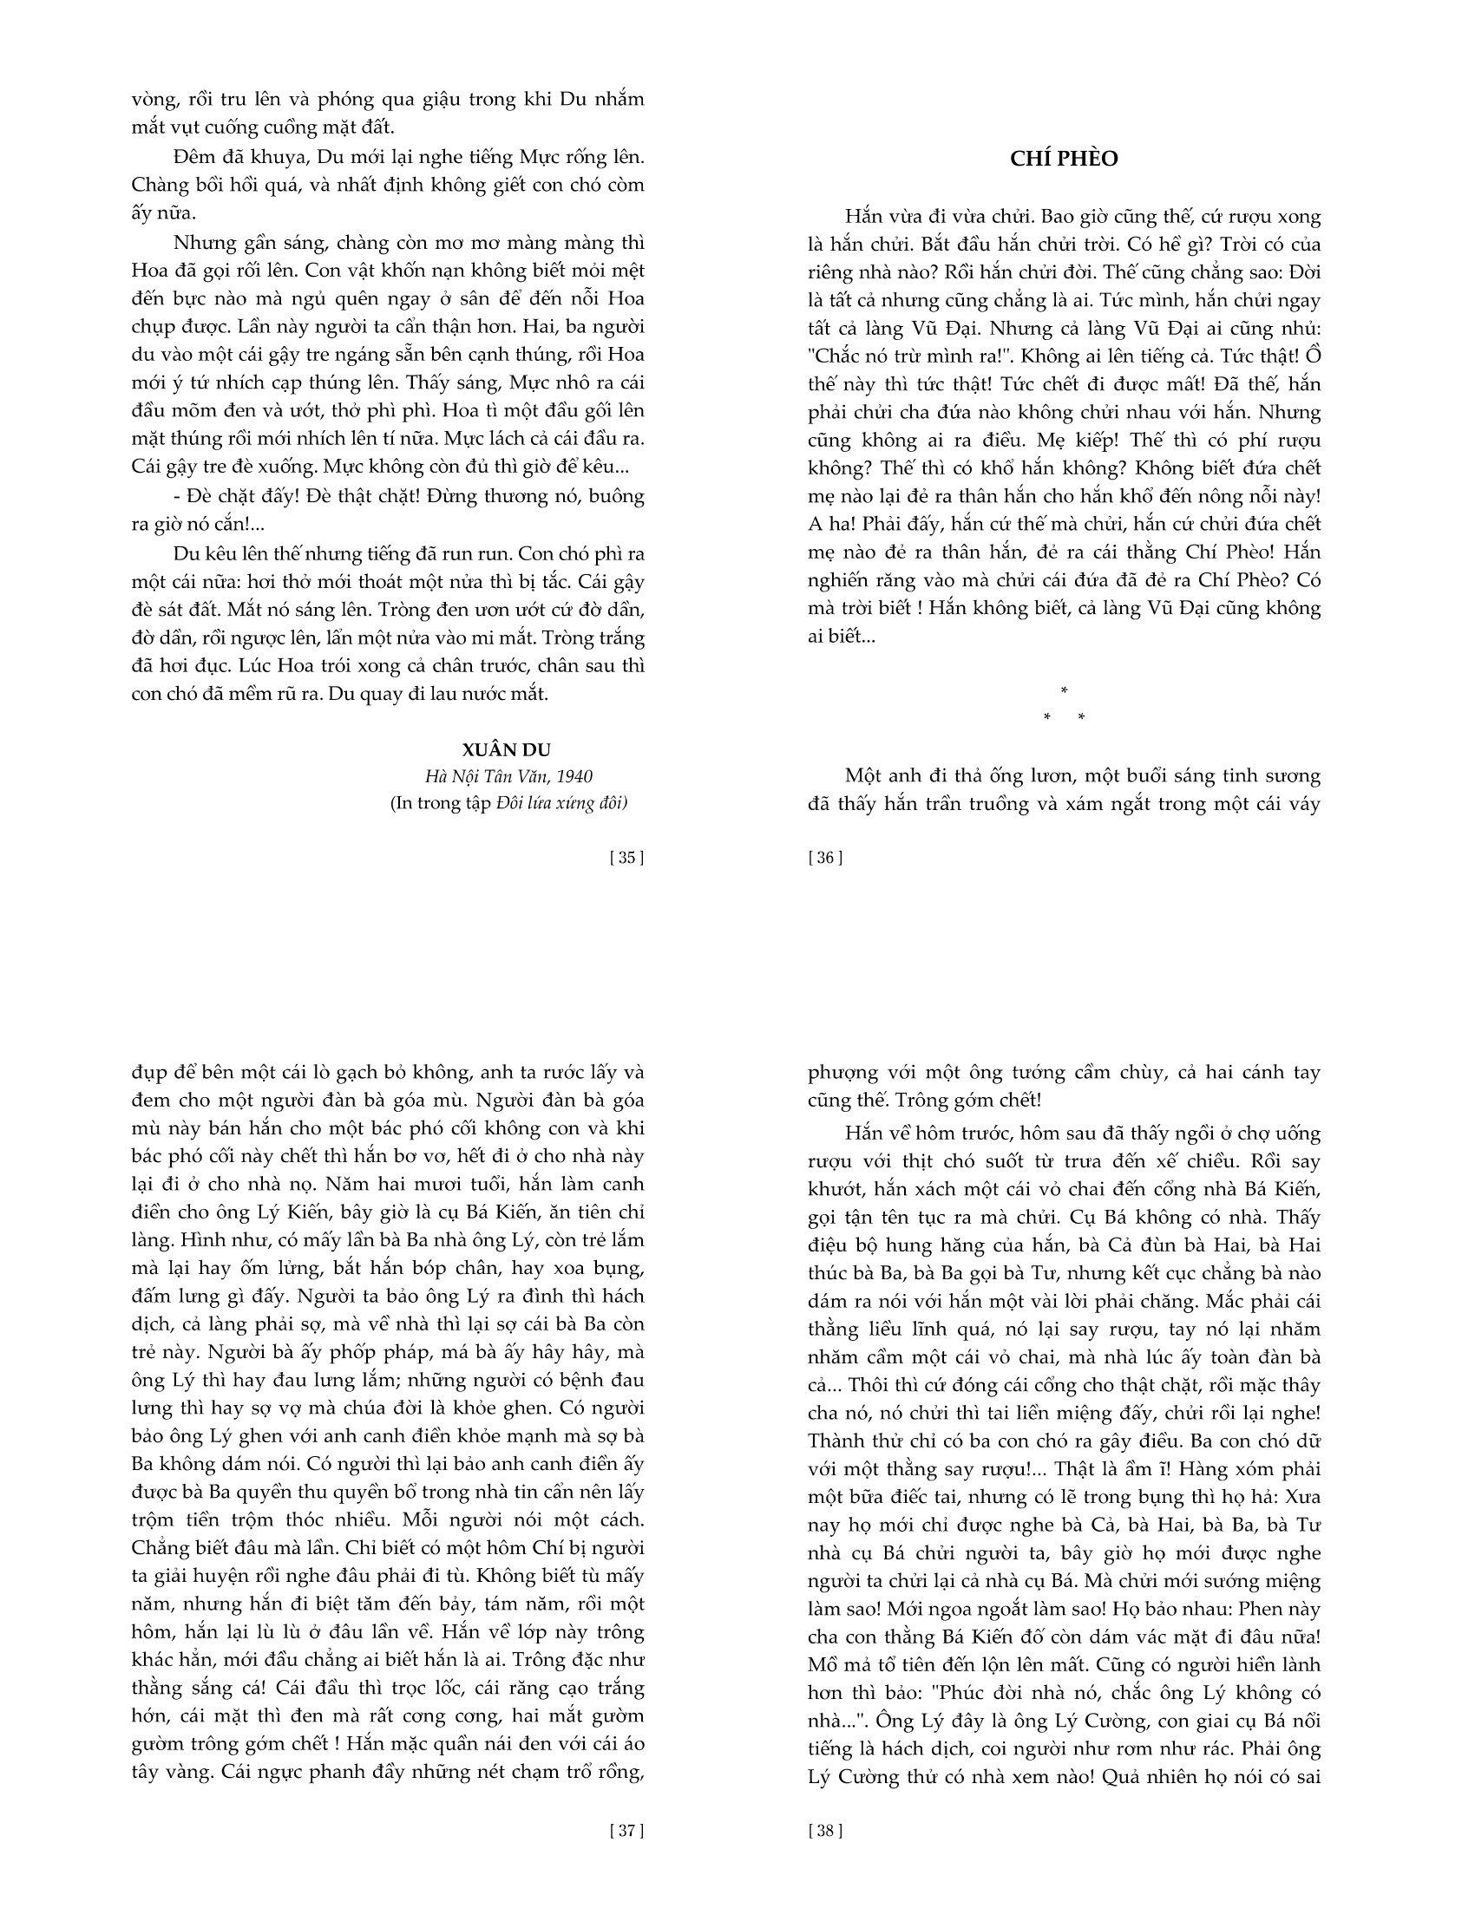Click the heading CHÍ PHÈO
pyautogui.click(x=1064, y=159)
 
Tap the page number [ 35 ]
pyautogui.click(x=626, y=857)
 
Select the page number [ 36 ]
pyautogui.click(x=826, y=857)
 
